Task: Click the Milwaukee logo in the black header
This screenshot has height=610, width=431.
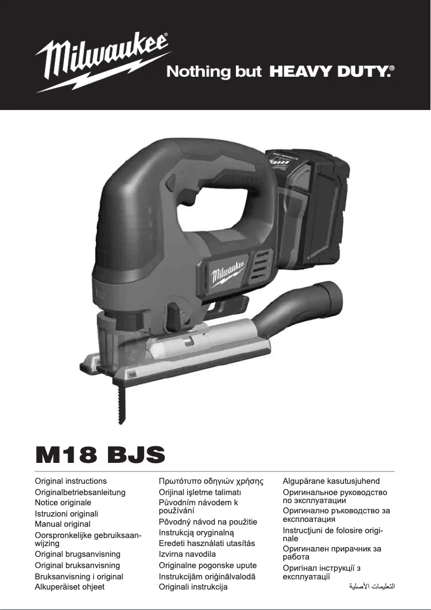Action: (x=102, y=60)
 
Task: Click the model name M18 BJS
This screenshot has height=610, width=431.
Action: (x=99, y=455)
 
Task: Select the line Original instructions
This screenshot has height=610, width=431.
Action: (x=71, y=481)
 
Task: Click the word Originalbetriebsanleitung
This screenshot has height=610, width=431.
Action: (x=80, y=492)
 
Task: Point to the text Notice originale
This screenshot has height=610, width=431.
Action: (x=63, y=503)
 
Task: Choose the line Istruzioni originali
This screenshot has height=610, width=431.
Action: (x=66, y=513)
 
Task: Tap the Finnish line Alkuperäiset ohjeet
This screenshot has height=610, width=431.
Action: (x=70, y=587)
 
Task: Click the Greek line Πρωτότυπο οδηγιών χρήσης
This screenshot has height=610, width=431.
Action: (x=211, y=481)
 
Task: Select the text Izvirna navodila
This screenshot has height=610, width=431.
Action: (x=187, y=554)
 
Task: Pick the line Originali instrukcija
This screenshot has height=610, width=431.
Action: (x=193, y=587)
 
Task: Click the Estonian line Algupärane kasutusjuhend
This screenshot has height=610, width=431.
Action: (x=331, y=481)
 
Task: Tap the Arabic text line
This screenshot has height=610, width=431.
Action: (x=372, y=586)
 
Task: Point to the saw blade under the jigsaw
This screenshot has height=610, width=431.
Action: (x=120, y=403)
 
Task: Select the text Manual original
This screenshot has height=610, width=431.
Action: (x=62, y=524)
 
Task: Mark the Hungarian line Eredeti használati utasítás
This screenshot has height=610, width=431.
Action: (x=207, y=543)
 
